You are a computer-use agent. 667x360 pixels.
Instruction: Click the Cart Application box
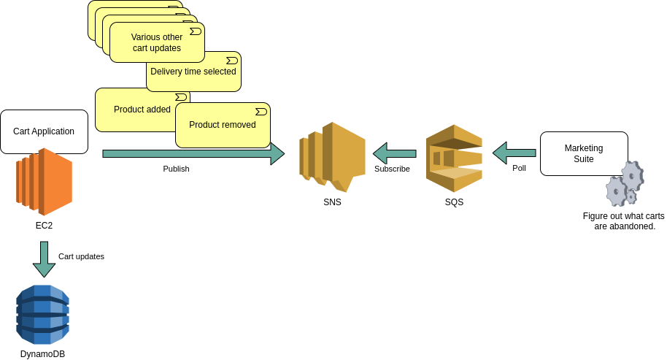click(x=44, y=131)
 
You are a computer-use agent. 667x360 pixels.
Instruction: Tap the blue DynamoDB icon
click(x=42, y=315)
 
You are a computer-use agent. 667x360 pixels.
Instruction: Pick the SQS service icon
click(x=454, y=158)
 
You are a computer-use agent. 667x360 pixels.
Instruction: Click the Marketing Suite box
click(x=583, y=153)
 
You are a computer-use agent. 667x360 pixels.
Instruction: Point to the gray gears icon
click(x=625, y=185)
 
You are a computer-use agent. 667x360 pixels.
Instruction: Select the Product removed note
click(x=223, y=125)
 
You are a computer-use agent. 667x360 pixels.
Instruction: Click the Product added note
click(x=135, y=110)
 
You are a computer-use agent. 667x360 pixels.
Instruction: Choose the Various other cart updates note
click(x=157, y=42)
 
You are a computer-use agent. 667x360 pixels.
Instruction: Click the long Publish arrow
click(x=193, y=153)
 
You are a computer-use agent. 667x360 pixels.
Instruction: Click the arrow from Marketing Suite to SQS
click(x=514, y=153)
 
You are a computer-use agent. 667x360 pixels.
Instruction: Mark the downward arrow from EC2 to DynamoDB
click(x=44, y=258)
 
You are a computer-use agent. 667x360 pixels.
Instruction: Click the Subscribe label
click(x=392, y=169)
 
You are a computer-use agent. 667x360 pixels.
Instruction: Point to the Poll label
click(x=519, y=168)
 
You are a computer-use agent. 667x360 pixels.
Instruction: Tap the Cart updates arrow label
click(x=81, y=256)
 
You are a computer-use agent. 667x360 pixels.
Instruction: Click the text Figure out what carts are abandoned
click(x=624, y=221)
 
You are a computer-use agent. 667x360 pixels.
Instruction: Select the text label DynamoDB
click(x=42, y=354)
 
